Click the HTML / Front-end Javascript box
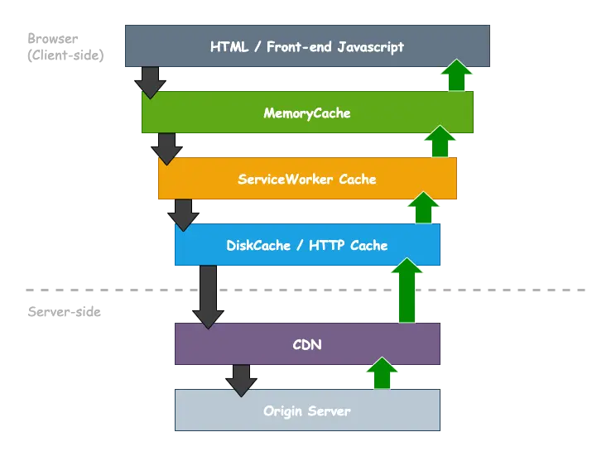coord(306,46)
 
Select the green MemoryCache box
coord(306,113)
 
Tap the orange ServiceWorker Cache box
coord(306,179)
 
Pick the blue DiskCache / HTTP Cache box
coord(306,245)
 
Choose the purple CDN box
coord(306,344)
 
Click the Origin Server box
coord(306,410)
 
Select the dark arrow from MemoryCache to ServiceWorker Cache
coord(166,148)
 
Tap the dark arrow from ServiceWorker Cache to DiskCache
coord(183,214)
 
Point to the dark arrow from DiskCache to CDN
coord(208,296)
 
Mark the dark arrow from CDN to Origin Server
coord(241,380)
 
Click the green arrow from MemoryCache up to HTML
coord(455,75)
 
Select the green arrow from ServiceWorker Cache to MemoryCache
coord(439,142)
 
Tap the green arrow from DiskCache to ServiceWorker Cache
coord(423,208)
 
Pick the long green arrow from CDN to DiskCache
coord(407,290)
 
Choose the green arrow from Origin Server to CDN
coord(381,373)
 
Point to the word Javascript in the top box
coord(364,46)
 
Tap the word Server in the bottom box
coord(329,410)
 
